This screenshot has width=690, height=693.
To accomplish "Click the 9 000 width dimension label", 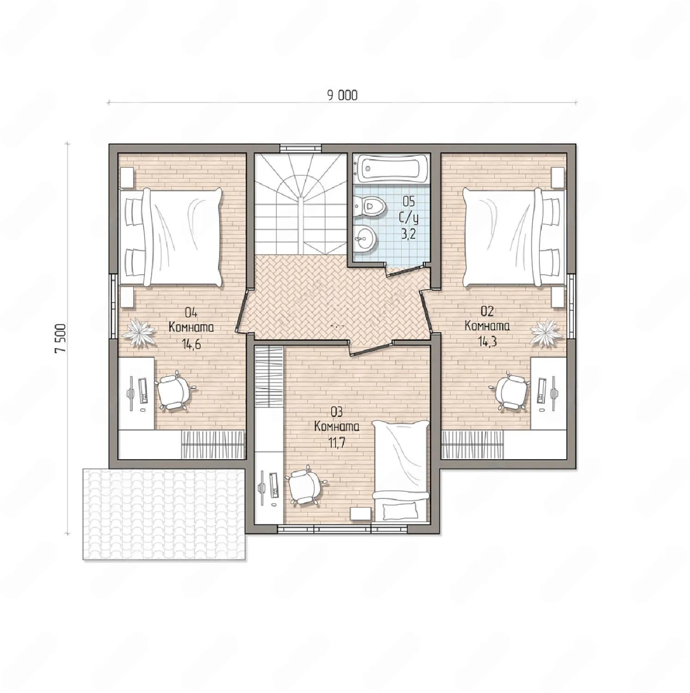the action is point(342,95).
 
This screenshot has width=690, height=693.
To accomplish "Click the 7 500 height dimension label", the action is point(61,338).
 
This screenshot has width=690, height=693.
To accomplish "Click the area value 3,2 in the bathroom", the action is point(408,233).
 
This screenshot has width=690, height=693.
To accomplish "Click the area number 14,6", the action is point(191,344).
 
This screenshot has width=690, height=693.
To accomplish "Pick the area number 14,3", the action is point(487,342).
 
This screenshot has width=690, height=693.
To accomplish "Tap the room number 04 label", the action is point(191,313).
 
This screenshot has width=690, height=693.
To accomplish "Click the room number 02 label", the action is point(487,310).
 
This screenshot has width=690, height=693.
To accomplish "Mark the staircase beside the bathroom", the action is point(300,204).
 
